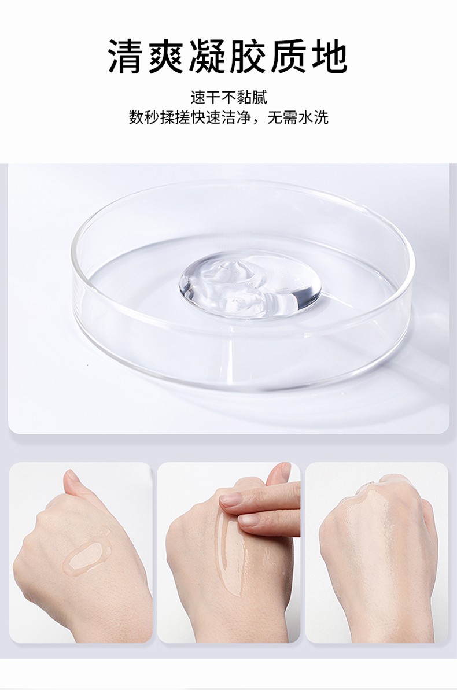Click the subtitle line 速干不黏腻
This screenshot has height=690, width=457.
228,97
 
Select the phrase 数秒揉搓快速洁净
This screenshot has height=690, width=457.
191,118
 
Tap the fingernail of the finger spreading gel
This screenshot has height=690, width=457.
230,500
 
